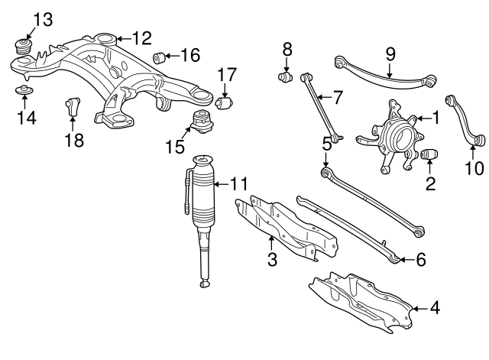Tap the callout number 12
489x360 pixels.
(141, 37)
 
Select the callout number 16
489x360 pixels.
(189, 55)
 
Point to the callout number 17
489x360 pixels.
(228, 75)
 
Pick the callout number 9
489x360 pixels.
(390, 54)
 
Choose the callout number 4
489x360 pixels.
(435, 309)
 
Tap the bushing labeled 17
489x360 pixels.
(225, 102)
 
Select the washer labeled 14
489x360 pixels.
(23, 92)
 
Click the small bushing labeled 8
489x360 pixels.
(286, 76)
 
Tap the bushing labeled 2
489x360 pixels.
(429, 157)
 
